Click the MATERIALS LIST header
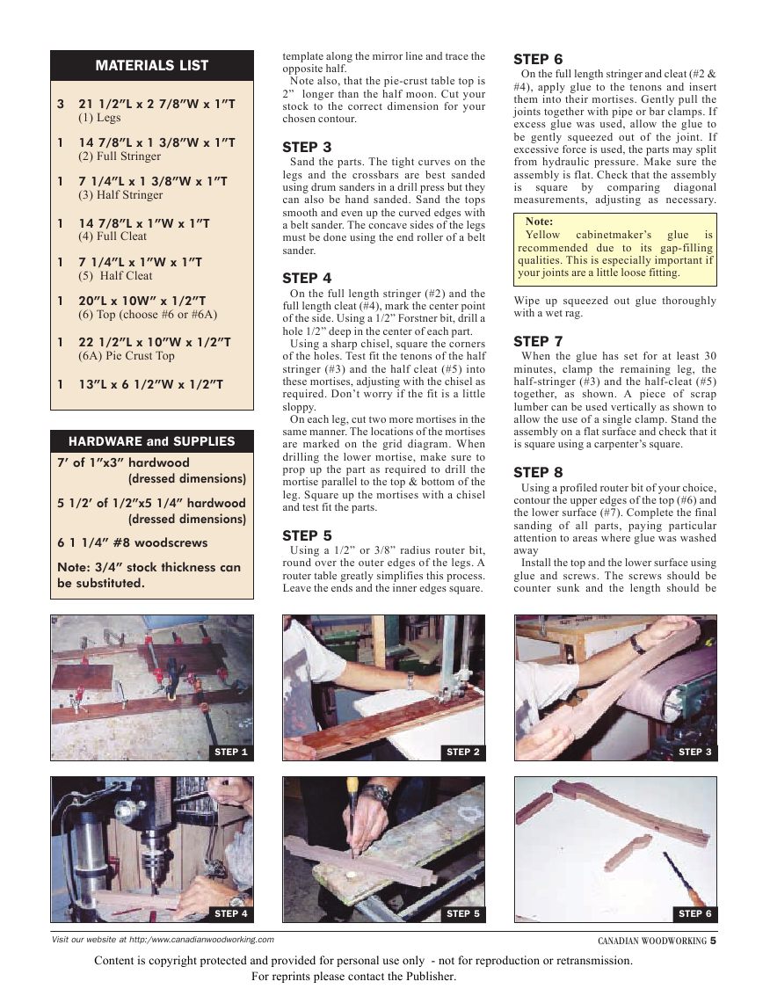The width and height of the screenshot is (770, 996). point(151,65)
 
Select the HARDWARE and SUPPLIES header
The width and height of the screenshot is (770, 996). point(151,441)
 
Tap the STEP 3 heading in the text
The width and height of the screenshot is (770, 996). point(307,147)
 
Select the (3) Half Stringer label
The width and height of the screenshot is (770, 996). point(120,195)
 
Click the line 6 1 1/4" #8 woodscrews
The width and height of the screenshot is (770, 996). point(127,543)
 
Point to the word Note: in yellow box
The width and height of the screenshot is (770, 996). point(539,222)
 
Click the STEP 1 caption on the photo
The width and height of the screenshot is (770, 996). point(231,752)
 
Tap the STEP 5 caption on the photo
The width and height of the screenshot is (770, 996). point(463,914)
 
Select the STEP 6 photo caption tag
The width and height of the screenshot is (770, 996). point(694,914)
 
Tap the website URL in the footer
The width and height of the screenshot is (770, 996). point(163,940)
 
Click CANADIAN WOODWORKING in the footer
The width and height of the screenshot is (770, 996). point(651,941)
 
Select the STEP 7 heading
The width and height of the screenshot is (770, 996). point(538,341)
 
